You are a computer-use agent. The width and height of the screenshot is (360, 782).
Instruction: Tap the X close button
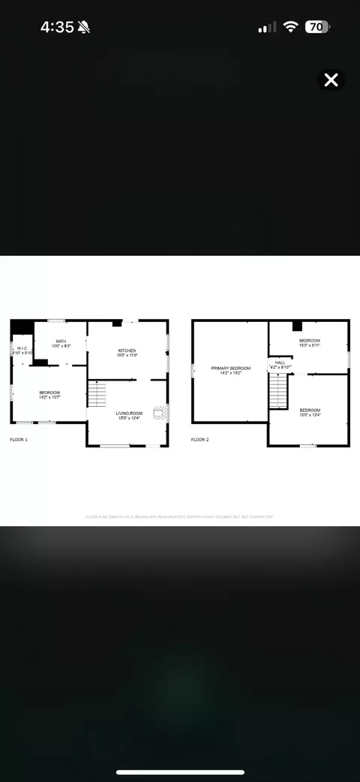331,80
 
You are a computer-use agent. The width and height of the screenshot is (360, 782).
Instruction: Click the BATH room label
61,341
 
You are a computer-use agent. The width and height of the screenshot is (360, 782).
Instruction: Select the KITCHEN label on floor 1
127,350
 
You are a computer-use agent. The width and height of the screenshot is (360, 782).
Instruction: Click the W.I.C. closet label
22,348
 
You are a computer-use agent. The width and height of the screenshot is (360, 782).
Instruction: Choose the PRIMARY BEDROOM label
230,368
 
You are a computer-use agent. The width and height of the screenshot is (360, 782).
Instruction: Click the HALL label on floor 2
280,362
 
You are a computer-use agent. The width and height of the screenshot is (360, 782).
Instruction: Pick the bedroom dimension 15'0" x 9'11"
310,345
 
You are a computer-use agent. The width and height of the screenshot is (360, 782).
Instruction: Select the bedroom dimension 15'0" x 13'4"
310,415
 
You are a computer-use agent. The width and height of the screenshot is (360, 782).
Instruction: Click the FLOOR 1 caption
19,439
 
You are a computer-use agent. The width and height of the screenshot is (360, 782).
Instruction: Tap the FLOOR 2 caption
200,439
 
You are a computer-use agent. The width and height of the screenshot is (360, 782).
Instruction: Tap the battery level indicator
316,27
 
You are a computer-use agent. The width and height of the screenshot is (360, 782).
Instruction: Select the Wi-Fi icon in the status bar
290,27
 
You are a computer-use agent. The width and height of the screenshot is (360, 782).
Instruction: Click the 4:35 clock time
57,27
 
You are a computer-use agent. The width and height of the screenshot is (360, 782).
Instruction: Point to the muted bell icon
85,27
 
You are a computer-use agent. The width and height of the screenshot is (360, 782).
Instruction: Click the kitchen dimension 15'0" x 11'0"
127,355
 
